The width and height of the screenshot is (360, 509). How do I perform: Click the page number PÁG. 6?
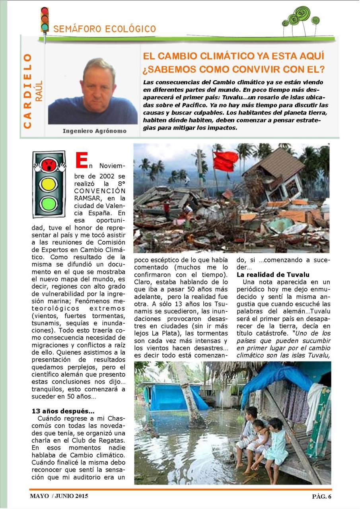pos(321,496)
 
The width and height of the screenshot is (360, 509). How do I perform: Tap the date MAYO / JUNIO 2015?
pos(59,496)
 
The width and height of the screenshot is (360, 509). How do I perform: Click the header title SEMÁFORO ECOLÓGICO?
pos(105,29)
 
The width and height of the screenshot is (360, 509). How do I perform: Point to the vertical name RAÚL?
pos(39,91)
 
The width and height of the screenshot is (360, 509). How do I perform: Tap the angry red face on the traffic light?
pos(49,163)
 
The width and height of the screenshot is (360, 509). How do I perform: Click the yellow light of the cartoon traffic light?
pos(49,184)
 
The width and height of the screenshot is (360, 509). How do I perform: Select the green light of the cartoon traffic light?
pos(49,204)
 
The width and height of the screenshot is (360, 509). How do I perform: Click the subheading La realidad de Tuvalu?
pos(273,275)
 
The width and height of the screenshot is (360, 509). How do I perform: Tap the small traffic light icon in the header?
pos(45,20)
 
